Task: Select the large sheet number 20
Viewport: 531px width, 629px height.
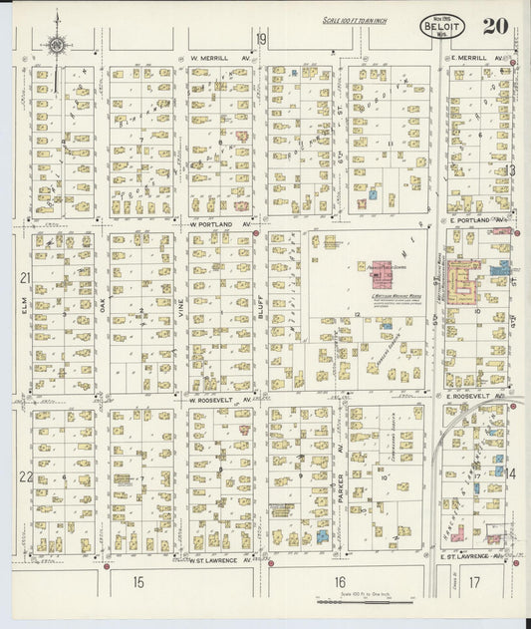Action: pyautogui.click(x=496, y=26)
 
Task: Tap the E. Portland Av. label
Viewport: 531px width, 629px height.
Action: pyautogui.click(x=474, y=220)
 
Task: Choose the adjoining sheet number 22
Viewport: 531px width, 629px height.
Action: pyautogui.click(x=24, y=476)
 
